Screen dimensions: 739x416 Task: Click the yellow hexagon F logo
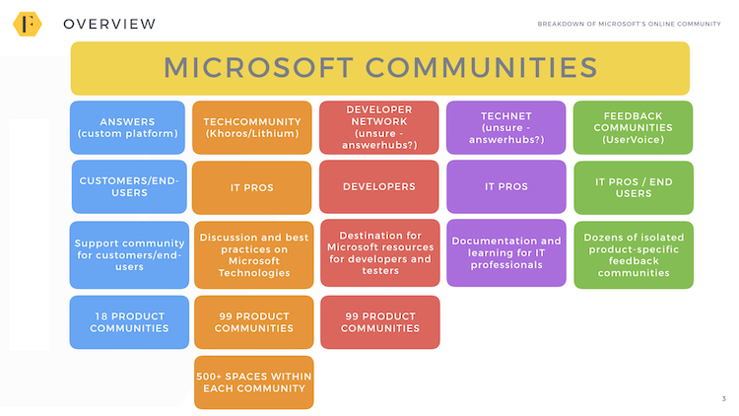tap(28, 24)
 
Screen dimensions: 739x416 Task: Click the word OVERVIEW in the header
tap(109, 24)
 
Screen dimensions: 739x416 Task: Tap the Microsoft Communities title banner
tap(380, 68)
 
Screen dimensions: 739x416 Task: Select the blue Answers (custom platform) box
tap(127, 127)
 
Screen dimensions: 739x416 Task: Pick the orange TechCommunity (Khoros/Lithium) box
tap(251, 127)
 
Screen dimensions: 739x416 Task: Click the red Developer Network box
tap(379, 127)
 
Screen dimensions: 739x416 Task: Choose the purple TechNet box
tap(505, 127)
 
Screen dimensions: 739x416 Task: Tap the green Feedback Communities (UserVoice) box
tap(633, 127)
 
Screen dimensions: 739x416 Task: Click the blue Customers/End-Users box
tap(129, 186)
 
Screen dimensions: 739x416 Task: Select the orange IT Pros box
tap(251, 187)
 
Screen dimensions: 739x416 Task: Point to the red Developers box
tap(379, 186)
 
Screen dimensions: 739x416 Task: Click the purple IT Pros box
tap(506, 186)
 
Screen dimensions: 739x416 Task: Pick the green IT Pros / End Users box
tap(634, 187)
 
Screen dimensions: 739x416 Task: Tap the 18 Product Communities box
tap(129, 322)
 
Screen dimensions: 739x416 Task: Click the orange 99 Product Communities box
tap(253, 322)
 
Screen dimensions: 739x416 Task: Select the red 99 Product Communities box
tap(380, 322)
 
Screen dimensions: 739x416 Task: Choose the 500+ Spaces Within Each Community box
tap(253, 382)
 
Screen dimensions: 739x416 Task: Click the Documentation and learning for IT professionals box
tap(506, 252)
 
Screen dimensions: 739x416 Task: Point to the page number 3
tap(724, 399)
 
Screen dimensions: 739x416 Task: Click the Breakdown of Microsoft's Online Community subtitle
tap(630, 24)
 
